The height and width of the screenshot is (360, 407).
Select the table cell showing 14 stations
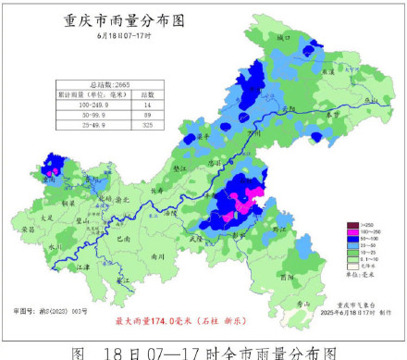tap(146, 106)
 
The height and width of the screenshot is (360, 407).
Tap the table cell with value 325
tap(146, 125)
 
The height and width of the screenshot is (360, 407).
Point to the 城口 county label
tap(283, 38)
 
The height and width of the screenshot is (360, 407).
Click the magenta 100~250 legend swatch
tap(351, 232)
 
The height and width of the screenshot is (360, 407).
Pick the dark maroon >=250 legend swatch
tap(351, 225)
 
